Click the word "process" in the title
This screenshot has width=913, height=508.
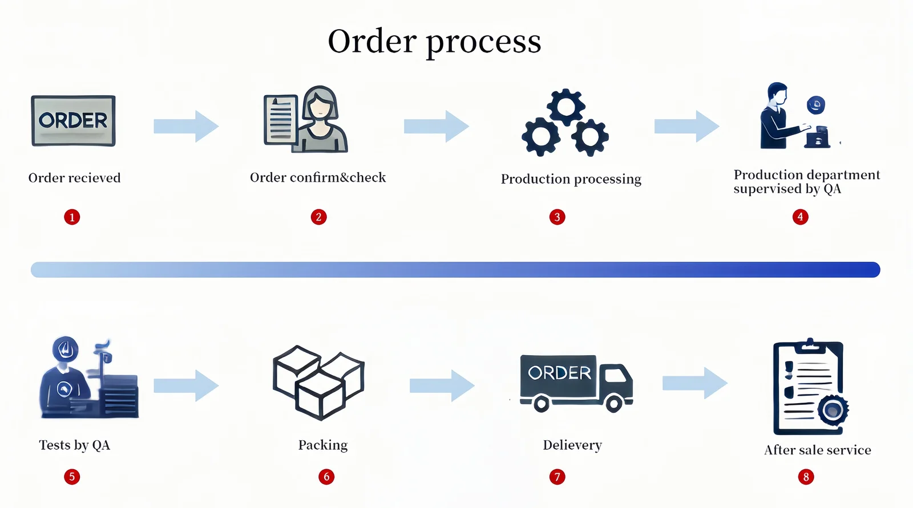[483, 42]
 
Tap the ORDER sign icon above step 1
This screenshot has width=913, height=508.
[73, 121]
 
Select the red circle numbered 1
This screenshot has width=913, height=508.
[72, 217]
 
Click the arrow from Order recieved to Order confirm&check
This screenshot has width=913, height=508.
[186, 126]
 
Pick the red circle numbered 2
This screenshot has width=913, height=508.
[318, 217]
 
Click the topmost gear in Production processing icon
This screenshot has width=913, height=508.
[565, 107]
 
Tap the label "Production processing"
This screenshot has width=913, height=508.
[571, 179]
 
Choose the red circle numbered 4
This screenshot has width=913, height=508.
[800, 217]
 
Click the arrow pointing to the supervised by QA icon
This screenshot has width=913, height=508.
[686, 126]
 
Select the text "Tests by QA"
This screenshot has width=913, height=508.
[74, 445]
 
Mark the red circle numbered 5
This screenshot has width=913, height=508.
[72, 477]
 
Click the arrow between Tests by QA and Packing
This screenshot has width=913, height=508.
[186, 385]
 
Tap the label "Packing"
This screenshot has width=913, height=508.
[323, 445]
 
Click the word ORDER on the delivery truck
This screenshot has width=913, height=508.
[559, 373]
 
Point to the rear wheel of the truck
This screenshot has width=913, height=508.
[541, 404]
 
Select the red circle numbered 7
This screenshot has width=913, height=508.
[557, 477]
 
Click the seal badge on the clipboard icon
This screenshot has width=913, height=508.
[833, 410]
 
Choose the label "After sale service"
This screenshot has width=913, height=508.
[817, 450]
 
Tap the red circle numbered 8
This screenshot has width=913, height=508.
[806, 477]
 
